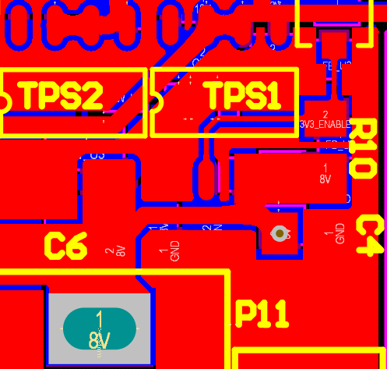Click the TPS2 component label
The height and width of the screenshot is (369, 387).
tap(62, 96)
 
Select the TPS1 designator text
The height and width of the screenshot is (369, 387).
tap(242, 96)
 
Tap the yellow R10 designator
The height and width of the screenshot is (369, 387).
tap(364, 148)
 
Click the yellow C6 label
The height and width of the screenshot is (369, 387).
tap(65, 247)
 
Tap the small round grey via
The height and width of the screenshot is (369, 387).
tap(279, 232)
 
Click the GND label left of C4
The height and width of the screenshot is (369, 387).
tap(340, 233)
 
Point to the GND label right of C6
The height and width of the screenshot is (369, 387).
tap(174, 250)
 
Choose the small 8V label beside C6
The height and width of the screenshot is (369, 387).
tap(121, 250)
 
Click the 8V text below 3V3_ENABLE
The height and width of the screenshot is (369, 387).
tap(325, 179)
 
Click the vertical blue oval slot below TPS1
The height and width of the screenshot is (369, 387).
tap(204, 179)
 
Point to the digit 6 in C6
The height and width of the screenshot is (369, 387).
tap(76, 247)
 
